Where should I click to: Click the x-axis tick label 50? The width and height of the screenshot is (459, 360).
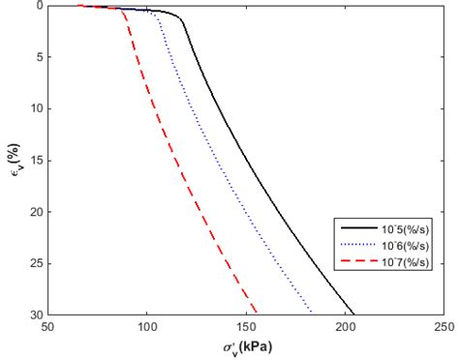pyautogui.click(x=47, y=326)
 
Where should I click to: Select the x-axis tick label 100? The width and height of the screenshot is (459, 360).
pyautogui.click(x=147, y=326)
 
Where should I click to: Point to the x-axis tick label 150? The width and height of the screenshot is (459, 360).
pyautogui.click(x=246, y=326)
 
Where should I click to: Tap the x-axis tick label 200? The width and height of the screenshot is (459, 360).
pyautogui.click(x=346, y=326)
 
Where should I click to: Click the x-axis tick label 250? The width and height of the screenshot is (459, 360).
pyautogui.click(x=444, y=326)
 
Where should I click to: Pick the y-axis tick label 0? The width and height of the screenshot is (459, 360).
pyautogui.click(x=39, y=6)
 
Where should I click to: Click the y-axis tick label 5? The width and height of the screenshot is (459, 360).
pyautogui.click(x=39, y=57)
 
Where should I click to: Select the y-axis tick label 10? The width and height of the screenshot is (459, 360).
pyautogui.click(x=36, y=108)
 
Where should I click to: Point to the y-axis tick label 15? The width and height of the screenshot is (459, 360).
pyautogui.click(x=36, y=161)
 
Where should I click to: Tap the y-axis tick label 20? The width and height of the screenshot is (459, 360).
pyautogui.click(x=36, y=212)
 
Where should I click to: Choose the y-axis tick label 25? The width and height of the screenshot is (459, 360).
pyautogui.click(x=36, y=263)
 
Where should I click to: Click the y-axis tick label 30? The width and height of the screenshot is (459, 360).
pyautogui.click(x=36, y=315)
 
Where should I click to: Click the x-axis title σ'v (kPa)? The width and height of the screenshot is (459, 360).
pyautogui.click(x=246, y=345)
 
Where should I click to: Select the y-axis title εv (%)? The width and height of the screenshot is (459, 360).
pyautogui.click(x=12, y=160)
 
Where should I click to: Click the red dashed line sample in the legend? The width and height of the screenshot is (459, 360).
pyautogui.click(x=355, y=263)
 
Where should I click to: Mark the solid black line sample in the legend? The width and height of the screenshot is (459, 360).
pyautogui.click(x=355, y=227)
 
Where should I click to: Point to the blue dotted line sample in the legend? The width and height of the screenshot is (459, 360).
pyautogui.click(x=355, y=246)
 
